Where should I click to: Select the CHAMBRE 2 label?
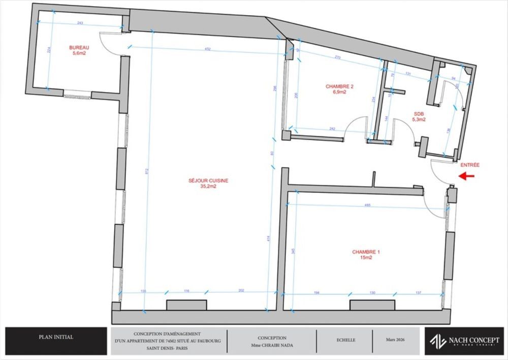tap(339, 86)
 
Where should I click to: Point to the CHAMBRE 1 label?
tap(366, 252)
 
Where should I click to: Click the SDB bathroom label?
tap(418, 114)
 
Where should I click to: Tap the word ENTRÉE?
tap(470, 165)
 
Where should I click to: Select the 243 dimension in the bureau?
tap(80, 23)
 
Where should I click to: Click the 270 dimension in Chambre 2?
tap(337, 57)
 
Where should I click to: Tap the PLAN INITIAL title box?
tap(56, 337)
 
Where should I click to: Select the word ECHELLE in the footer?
tap(345, 340)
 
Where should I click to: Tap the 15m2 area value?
tap(366, 258)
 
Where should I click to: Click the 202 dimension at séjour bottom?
tap(241, 291)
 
